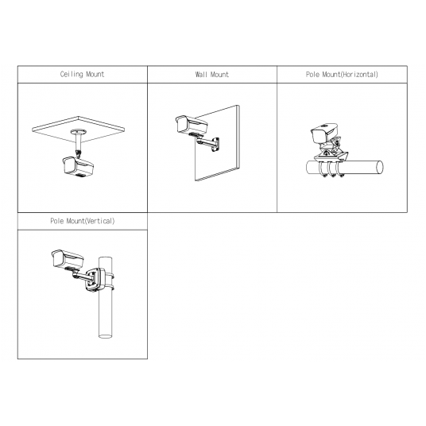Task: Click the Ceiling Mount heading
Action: pos(82,74)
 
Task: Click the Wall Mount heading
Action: pos(212,74)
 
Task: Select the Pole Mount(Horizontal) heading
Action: pos(342,74)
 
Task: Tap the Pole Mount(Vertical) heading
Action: pos(83,221)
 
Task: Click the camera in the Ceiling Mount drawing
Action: pos(78,167)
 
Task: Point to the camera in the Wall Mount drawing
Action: pos(192,126)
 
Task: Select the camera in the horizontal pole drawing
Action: pos(324,134)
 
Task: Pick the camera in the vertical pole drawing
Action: pos(68,259)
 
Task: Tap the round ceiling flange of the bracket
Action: pos(79,132)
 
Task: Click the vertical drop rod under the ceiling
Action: pos(79,143)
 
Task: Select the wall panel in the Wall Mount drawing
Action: pos(217,143)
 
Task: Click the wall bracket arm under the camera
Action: pos(208,141)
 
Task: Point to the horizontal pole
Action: pos(345,168)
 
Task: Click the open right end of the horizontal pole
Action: pos(380,168)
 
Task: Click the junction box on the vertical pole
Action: pos(95,280)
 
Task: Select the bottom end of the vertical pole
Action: pos(106,336)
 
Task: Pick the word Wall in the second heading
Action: pos(201,74)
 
